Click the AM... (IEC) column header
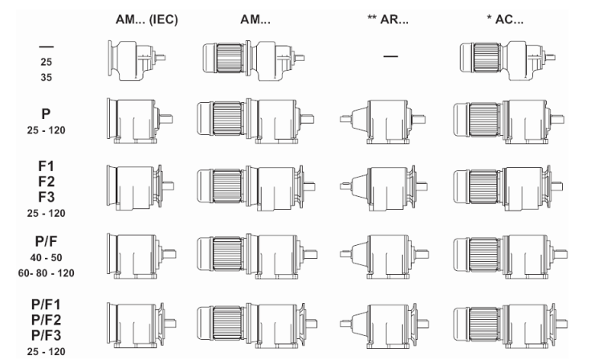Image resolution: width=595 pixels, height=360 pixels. coord(146,19)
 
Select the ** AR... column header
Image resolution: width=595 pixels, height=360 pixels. coord(388,19)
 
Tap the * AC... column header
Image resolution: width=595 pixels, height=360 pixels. coord(505,19)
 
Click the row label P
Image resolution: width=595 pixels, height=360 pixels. coord(46,113)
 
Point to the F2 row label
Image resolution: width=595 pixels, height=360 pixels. coord(47,182)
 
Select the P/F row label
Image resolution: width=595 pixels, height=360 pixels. coord(46,241)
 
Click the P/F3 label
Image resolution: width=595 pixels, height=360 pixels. coord(46,335)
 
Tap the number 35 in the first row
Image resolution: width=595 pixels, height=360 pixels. coord(47,77)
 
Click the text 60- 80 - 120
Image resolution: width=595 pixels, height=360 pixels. coord(47,273)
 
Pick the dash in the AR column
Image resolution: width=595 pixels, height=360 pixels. coord(390,56)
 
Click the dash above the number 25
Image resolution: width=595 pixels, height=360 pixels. coord(47,47)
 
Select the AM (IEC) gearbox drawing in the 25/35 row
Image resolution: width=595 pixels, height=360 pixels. coord(137,60)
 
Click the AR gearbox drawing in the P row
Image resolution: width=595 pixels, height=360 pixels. coord(382,121)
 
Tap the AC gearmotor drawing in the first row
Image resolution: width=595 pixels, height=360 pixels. coord(507,61)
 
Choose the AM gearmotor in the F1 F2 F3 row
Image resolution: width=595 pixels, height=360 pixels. coord(256,188)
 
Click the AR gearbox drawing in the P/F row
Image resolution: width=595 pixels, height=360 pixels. coord(384,256)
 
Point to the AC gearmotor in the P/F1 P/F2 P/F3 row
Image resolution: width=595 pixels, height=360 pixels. coord(511,325)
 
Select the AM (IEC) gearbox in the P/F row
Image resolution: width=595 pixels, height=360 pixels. coord(141,256)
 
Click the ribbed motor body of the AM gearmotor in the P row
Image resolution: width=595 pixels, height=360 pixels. coord(227,118)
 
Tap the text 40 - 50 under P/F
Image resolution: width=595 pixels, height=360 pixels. coord(47,258)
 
